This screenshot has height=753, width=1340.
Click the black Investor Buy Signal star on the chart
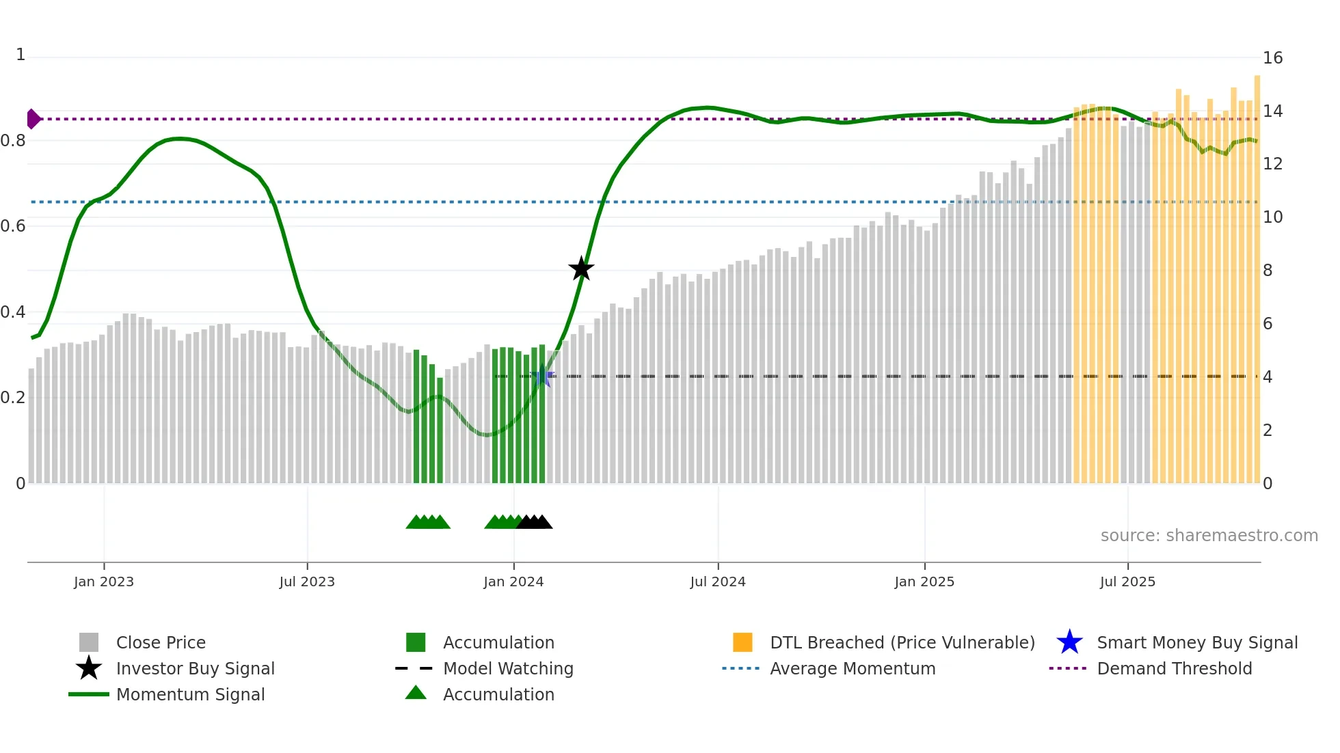pos(581,269)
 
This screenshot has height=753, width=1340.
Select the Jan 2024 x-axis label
pos(513,581)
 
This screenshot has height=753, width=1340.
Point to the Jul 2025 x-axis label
pos(1127,581)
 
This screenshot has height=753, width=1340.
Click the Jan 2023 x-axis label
pos(104,581)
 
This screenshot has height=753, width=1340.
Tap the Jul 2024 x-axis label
pos(718,581)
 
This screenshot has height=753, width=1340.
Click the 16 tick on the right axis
pos(1272,58)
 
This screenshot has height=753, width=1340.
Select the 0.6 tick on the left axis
pos(13,226)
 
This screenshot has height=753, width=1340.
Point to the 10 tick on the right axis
pos(1272,217)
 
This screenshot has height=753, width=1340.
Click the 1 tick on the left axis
pos(21,55)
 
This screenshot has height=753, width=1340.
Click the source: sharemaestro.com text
pos(1209,536)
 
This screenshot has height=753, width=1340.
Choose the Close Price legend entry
pos(161,642)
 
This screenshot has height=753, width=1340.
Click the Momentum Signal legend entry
pos(190,694)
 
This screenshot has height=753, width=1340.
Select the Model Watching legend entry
pos(508,668)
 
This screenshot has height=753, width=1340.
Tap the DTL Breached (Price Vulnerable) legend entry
pos(902,642)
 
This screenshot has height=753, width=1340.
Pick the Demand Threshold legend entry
pos(1174,668)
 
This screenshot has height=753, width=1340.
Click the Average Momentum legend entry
pos(853,668)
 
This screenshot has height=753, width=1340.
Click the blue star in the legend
pos(1069,642)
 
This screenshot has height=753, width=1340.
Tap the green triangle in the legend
pos(416,693)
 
